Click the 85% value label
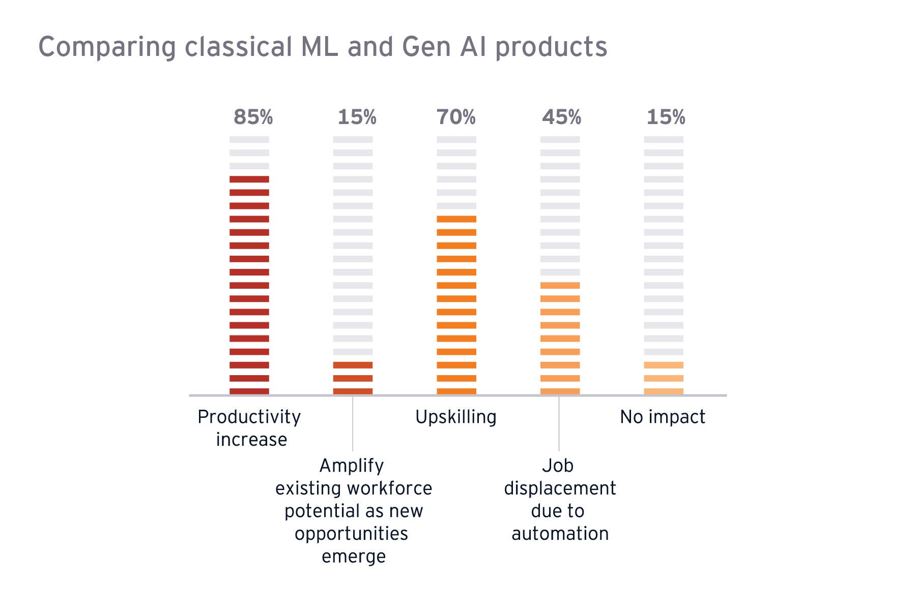click(253, 117)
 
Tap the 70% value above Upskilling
click(456, 117)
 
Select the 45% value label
click(561, 117)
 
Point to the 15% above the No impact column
click(666, 117)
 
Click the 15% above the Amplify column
click(357, 117)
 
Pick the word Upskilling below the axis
click(455, 417)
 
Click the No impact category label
click(663, 417)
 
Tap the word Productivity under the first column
click(249, 417)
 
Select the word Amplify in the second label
click(352, 466)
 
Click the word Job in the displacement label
click(558, 466)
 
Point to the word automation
click(560, 534)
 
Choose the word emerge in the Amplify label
click(354, 556)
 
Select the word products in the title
click(551, 48)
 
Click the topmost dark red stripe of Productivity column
click(249, 179)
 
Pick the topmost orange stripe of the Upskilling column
click(456, 219)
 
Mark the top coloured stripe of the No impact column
click(664, 365)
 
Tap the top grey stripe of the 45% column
click(560, 139)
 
